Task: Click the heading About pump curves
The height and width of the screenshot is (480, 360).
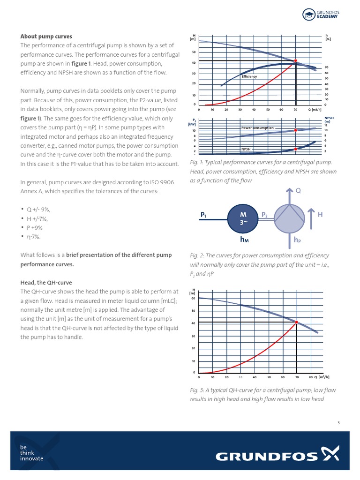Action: click(x=46, y=36)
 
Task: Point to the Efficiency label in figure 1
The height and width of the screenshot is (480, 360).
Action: click(x=249, y=76)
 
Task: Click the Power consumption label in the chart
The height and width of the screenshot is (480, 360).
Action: click(x=257, y=127)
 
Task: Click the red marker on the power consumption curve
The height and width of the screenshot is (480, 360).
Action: click(x=295, y=130)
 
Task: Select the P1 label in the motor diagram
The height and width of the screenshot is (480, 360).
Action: click(x=203, y=215)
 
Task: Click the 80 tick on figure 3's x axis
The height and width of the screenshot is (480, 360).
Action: click(x=310, y=377)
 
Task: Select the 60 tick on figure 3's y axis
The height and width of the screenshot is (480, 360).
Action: click(x=193, y=298)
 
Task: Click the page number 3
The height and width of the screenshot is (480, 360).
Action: click(x=338, y=423)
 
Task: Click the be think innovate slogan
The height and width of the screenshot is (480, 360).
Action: click(x=31, y=453)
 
